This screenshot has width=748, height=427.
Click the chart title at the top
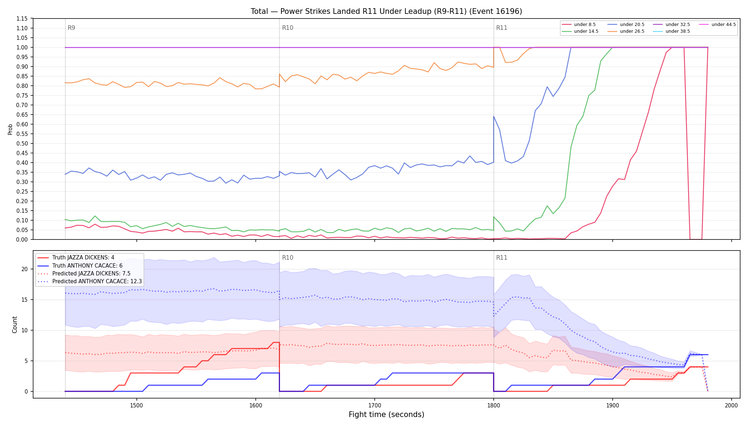click(x=386, y=11)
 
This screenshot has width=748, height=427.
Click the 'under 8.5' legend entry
click(x=579, y=25)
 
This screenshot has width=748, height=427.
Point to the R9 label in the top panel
click(x=71, y=28)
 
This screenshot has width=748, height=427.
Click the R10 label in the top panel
click(x=287, y=28)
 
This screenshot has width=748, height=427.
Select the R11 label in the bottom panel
click(x=502, y=258)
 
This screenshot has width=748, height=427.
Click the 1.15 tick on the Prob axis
click(x=22, y=19)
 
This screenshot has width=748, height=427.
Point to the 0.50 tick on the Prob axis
click(x=22, y=143)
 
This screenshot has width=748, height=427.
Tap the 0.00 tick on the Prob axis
click(x=22, y=239)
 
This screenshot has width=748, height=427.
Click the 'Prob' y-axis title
click(x=10, y=129)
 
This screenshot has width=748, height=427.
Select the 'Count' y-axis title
click(x=15, y=325)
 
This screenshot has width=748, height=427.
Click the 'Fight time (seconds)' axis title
click(x=386, y=415)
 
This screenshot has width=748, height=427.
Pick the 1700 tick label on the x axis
click(x=374, y=405)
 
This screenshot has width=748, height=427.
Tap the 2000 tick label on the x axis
click(x=731, y=405)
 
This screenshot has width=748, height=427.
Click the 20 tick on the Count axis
click(x=24, y=269)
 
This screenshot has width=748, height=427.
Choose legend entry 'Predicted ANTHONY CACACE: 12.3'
click(x=90, y=281)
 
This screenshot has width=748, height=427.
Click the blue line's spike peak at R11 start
click(x=494, y=116)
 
